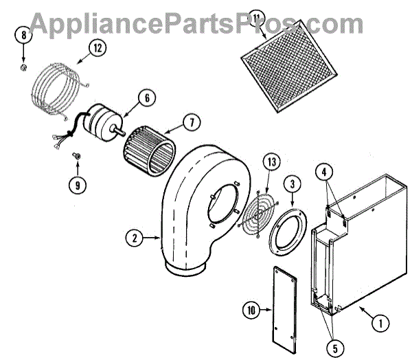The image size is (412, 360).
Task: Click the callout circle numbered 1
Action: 376,319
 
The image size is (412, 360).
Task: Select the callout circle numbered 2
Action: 135,239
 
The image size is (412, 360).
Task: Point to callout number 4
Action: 326,172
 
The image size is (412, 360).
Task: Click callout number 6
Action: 146,98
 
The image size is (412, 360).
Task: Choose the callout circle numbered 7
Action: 192,124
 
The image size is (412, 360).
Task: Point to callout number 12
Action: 97,49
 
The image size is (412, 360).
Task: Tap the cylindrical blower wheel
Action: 150,152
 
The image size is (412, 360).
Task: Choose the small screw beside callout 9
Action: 77,157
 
